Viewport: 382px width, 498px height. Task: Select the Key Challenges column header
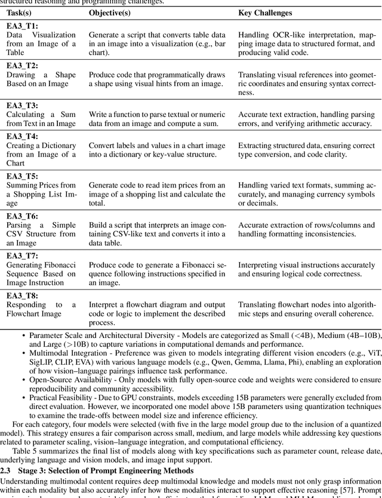tap(265, 13)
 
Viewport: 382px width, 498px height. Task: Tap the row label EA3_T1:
tap(22, 26)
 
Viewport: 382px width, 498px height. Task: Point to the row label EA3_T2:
tap(22, 65)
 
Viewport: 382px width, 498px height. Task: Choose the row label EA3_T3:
tap(22, 104)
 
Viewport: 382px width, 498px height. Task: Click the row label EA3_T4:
tap(22, 136)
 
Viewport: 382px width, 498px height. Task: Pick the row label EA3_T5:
tap(22, 176)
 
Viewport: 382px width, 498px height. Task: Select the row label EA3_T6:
tap(22, 216)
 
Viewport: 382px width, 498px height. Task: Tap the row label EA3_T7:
tap(22, 255)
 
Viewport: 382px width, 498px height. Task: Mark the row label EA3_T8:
tap(22, 295)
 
